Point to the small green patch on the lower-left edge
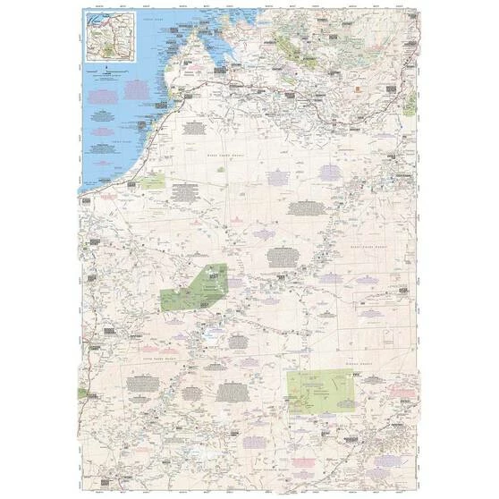click(84, 396)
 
